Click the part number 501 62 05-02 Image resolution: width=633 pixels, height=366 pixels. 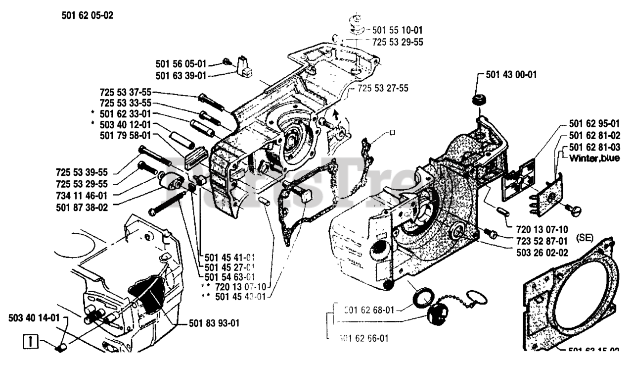88,15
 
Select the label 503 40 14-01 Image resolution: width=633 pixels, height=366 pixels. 33,318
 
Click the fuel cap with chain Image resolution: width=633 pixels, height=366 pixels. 438,314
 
